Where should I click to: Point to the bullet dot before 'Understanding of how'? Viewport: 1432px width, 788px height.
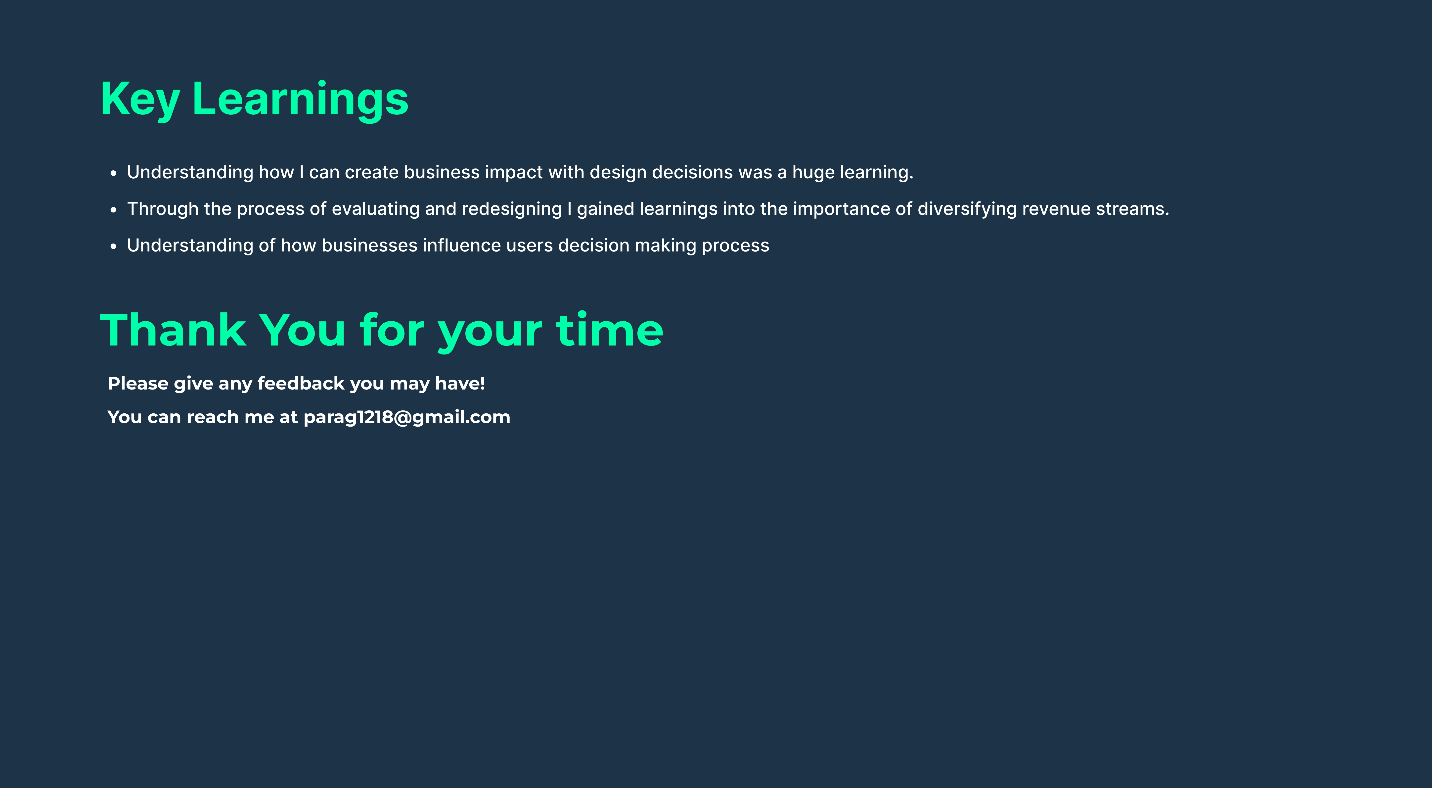[113, 246]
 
